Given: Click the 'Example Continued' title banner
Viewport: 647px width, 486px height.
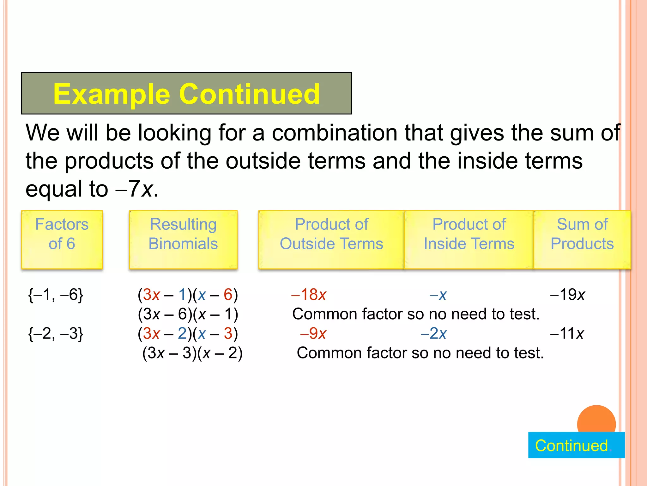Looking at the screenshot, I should tap(186, 93).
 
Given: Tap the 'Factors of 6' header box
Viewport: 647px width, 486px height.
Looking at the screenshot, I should tap(62, 240).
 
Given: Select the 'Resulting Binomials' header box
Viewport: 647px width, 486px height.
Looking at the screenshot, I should tap(183, 240).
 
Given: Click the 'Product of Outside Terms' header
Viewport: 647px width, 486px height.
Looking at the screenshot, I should tap(331, 240).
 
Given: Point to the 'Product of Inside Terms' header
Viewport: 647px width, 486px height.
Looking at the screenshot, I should tap(469, 240).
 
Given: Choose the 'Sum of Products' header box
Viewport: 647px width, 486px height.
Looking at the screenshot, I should tap(582, 240).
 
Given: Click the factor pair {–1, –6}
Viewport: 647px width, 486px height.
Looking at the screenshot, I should tap(56, 295).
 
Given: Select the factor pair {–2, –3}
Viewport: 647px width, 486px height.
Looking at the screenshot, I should tap(56, 333).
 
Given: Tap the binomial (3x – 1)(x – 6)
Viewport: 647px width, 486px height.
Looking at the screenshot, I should tap(188, 295).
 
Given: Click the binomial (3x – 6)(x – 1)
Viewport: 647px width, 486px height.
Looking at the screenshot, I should tap(188, 314).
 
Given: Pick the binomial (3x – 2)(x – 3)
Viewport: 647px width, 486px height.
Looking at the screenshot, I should tap(188, 333).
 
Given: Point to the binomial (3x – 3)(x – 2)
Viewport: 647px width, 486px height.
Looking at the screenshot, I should tap(192, 353).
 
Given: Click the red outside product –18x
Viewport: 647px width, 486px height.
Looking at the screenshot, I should tap(309, 295).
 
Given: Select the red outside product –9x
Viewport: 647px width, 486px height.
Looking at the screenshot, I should tap(313, 333).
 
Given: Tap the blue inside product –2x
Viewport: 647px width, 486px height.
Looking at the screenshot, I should tap(434, 333).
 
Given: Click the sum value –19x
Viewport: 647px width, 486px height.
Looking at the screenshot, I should tap(568, 295).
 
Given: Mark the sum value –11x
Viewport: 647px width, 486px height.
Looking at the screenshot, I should tap(567, 333).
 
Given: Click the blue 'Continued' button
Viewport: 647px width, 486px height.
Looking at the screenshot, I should tap(576, 445).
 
